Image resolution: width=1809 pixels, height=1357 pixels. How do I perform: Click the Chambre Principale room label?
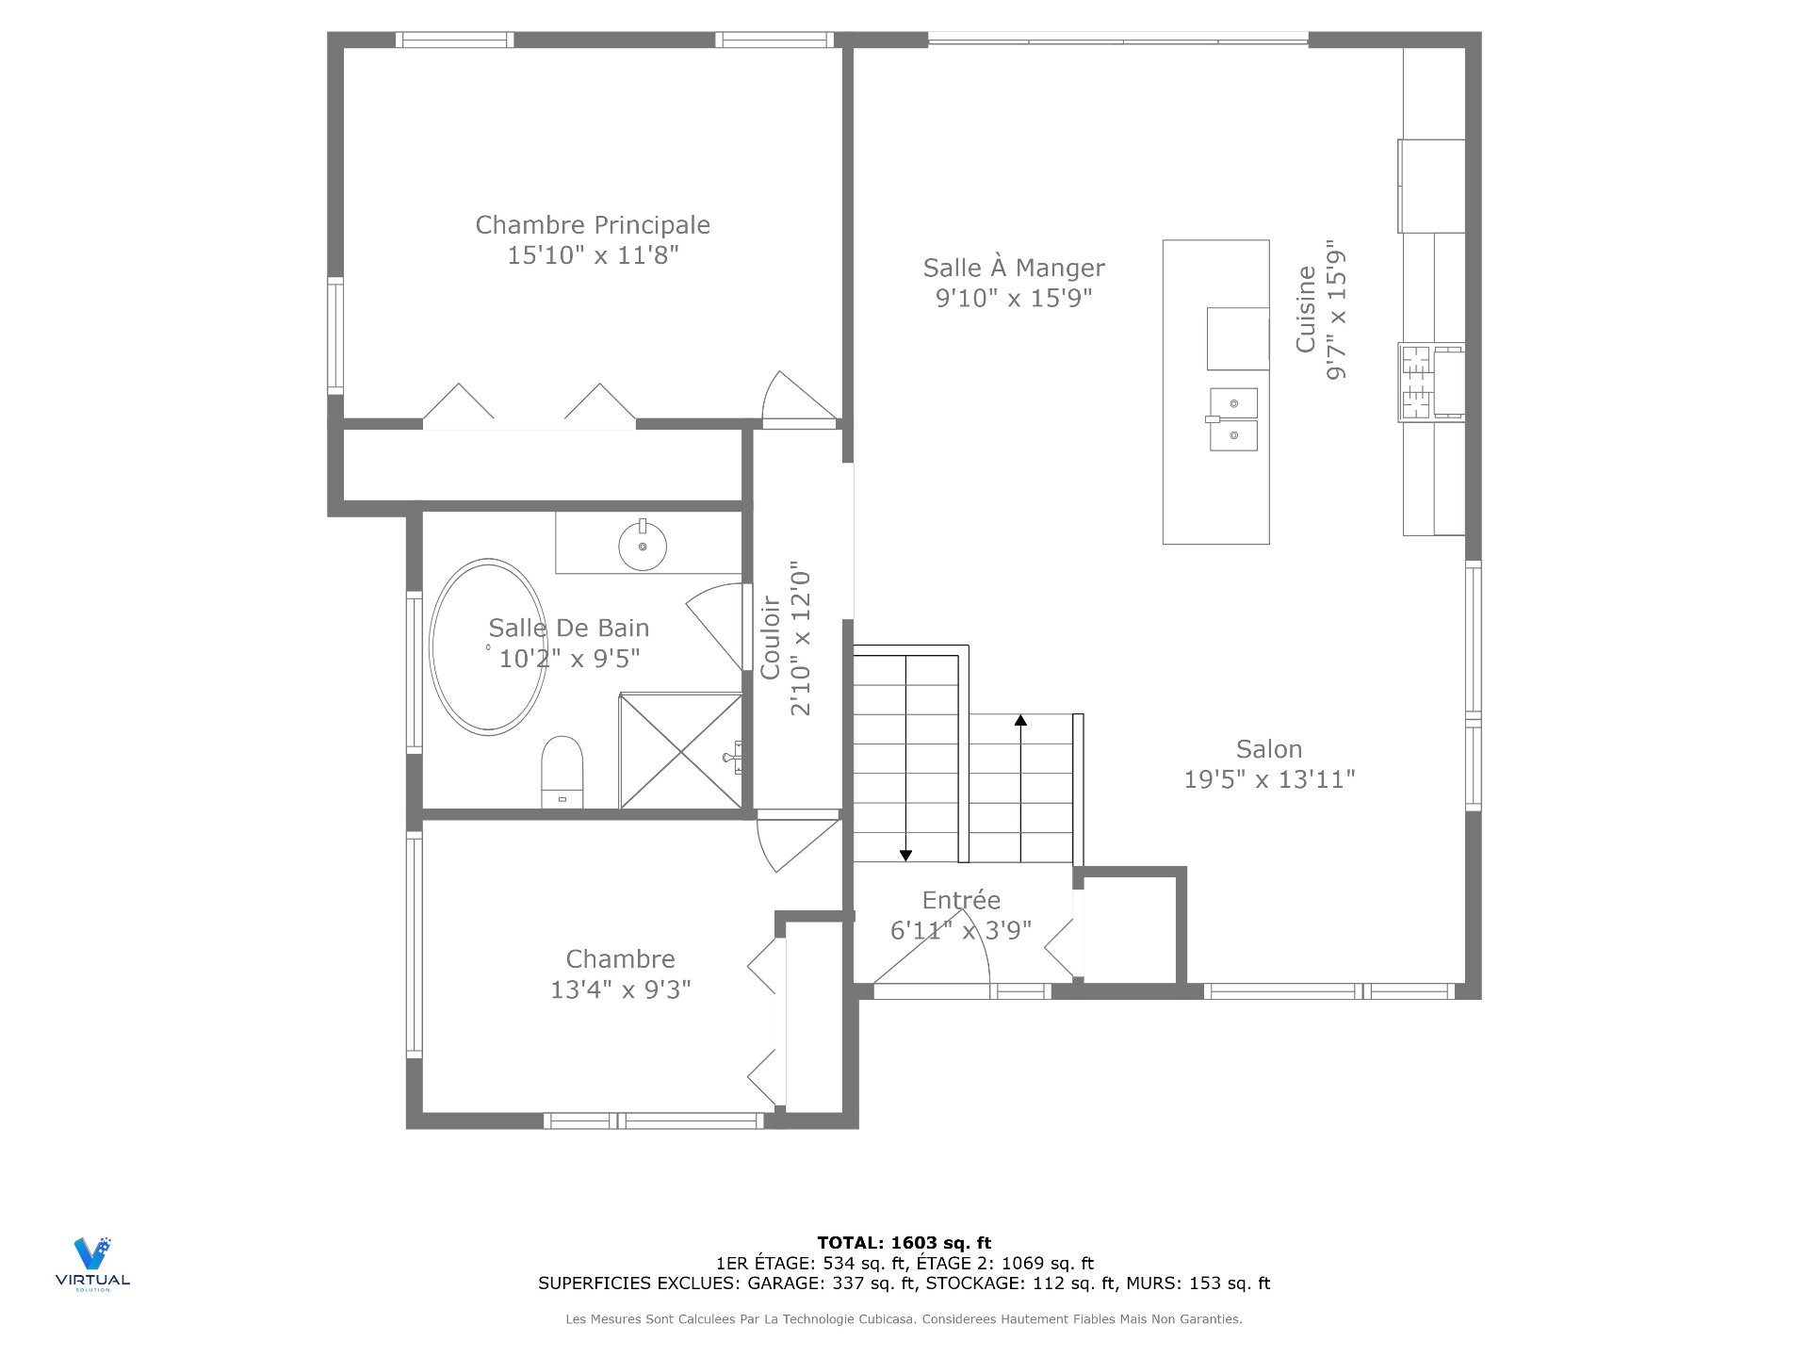pyautogui.click(x=593, y=225)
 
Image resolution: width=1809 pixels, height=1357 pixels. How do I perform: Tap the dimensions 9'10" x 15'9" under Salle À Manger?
pyautogui.click(x=1014, y=299)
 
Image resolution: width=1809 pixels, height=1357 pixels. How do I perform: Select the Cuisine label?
pyautogui.click(x=1305, y=310)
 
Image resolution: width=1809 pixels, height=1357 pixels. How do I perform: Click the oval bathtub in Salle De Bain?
pyautogui.click(x=488, y=646)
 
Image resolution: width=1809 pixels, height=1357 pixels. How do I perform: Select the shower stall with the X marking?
pyautogui.click(x=680, y=751)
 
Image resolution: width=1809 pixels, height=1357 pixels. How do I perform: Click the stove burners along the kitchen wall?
pyautogui.click(x=1416, y=382)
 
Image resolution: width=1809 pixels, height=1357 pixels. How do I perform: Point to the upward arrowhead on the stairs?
pyautogui.click(x=1020, y=721)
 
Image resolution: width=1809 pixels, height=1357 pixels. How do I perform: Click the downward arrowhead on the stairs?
pyautogui.click(x=905, y=855)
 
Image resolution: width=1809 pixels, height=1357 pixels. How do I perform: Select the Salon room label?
pyautogui.click(x=1269, y=750)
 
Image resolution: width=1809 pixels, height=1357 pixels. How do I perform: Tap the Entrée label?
pyautogui.click(x=961, y=900)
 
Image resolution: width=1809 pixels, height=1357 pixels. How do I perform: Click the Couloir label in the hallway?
pyautogui.click(x=771, y=638)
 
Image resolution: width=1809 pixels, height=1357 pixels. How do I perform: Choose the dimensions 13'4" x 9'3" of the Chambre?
pyautogui.click(x=620, y=989)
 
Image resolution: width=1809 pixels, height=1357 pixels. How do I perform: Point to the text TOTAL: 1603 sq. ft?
pyautogui.click(x=904, y=1243)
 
